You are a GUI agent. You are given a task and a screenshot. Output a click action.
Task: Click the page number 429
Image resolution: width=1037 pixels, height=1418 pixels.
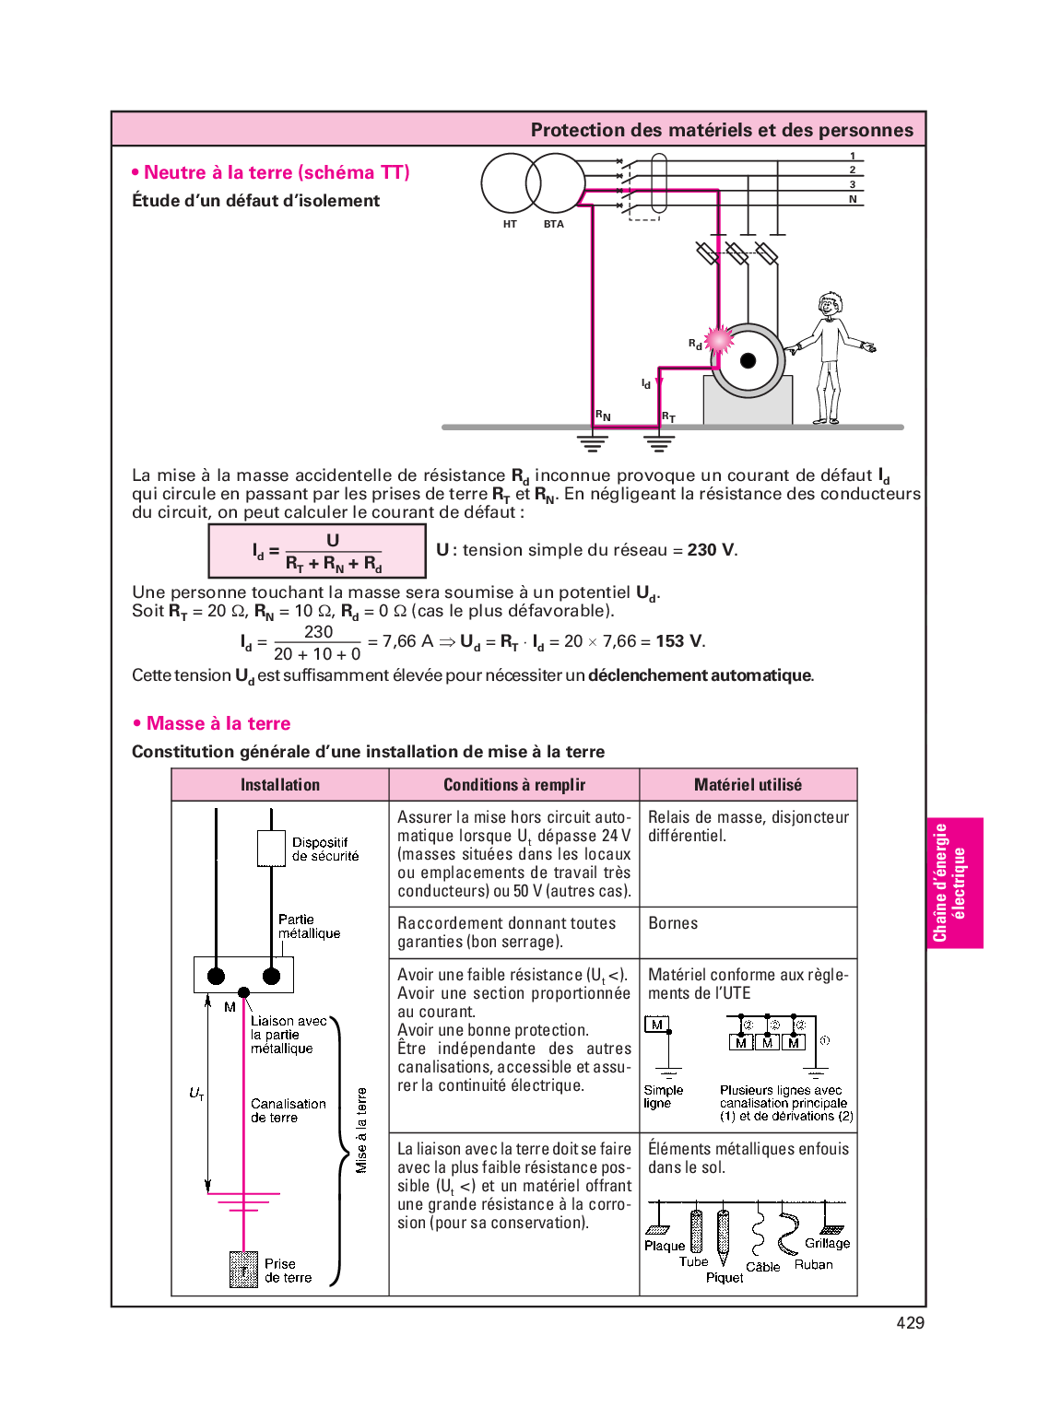(910, 1322)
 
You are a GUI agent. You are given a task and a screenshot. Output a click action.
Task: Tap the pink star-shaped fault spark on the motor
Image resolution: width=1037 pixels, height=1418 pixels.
(719, 340)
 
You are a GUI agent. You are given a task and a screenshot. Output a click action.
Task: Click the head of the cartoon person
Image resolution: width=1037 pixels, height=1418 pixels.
(831, 304)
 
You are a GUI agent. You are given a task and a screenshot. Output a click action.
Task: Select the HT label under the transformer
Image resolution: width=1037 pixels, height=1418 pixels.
(510, 224)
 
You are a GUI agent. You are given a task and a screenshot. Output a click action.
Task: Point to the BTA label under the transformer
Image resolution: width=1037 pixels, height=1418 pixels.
(553, 224)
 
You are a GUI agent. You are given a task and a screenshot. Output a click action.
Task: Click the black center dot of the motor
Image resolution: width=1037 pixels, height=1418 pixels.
(748, 360)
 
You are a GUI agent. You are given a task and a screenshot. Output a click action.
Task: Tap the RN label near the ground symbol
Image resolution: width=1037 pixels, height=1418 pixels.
(603, 416)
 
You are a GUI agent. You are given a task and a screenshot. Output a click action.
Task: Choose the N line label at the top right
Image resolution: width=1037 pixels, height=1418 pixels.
(853, 199)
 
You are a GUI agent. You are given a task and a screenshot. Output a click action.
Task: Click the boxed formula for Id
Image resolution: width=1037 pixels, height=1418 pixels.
(317, 551)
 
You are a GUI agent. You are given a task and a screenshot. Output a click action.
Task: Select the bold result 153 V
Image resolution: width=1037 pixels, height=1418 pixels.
(679, 641)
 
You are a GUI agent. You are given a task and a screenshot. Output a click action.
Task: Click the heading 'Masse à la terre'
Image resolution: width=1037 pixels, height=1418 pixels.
(218, 723)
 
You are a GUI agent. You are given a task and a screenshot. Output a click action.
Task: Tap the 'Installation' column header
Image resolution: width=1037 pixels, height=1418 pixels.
(280, 785)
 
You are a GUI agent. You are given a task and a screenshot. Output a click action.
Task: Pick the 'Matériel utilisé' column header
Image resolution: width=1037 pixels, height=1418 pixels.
(748, 785)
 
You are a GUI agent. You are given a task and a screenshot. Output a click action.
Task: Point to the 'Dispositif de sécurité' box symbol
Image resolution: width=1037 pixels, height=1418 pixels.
(271, 849)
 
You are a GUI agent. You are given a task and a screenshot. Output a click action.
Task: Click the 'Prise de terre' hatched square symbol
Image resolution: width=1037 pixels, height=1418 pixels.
(243, 1270)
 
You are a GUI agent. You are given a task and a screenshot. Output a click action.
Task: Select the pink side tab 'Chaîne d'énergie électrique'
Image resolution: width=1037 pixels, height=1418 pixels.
(954, 883)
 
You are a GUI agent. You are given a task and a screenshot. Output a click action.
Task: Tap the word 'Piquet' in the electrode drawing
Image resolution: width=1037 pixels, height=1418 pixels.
(725, 1277)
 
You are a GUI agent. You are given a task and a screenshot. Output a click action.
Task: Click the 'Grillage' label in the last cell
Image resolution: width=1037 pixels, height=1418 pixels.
(827, 1243)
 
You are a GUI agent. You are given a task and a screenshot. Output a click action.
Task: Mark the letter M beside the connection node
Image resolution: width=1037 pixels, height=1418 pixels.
(230, 1007)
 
